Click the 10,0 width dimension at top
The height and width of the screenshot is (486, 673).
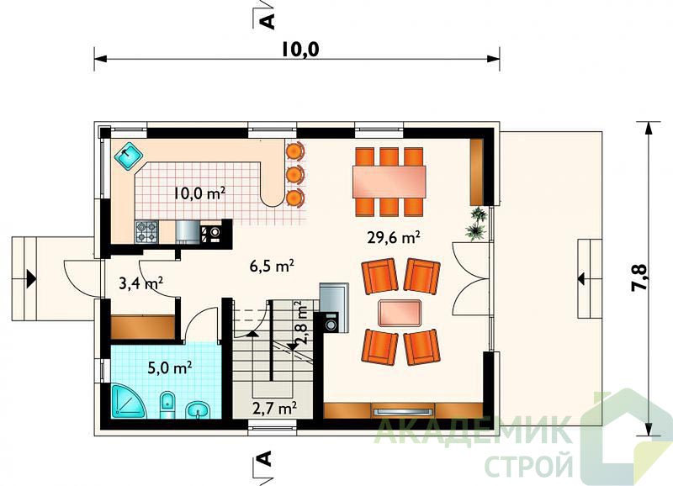coord(300,50)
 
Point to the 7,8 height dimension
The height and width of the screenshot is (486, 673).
coord(639,277)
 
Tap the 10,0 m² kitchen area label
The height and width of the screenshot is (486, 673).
coord(199,193)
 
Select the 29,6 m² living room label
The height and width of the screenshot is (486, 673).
coord(393,237)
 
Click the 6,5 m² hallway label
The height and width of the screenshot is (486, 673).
coord(272,266)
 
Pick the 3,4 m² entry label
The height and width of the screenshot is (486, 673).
coord(140,283)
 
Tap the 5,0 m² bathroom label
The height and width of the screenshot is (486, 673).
coord(170,367)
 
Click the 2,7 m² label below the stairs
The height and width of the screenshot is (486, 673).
coord(275,408)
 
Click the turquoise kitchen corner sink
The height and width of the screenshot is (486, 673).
coord(129,156)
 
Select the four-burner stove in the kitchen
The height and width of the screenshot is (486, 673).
coord(147,231)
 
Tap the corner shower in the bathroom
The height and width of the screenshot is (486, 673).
coord(129,402)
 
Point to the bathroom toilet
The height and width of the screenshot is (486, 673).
coord(167,404)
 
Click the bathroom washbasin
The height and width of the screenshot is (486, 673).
coord(198,409)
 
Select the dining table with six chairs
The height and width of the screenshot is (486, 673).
coord(389,182)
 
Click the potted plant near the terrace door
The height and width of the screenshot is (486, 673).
coord(477,223)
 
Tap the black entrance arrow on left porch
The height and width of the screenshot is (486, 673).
coord(31,278)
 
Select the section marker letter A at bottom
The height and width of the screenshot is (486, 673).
coord(266,458)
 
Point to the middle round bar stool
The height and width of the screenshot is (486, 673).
coord(294,175)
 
